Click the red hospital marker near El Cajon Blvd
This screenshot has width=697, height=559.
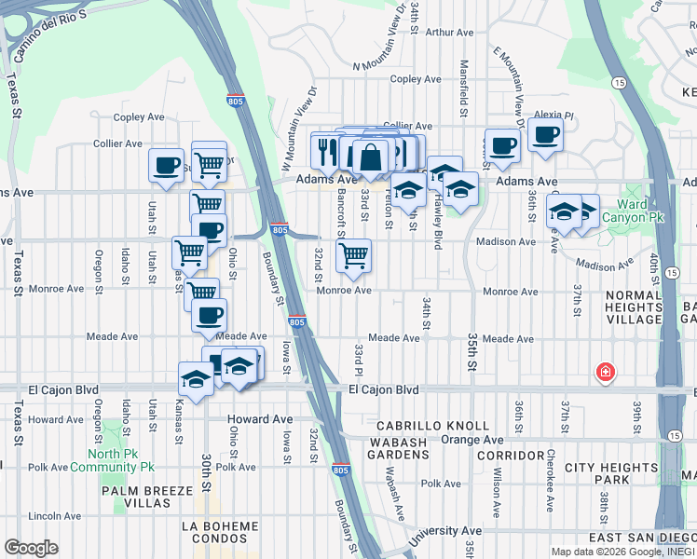(x=606, y=374)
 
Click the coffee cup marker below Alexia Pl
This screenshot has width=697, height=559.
(x=545, y=134)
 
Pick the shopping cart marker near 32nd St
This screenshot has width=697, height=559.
(x=353, y=254)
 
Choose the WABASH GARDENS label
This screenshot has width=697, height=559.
(x=405, y=449)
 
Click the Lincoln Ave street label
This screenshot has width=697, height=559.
(x=55, y=515)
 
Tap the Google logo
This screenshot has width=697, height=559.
(x=31, y=548)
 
